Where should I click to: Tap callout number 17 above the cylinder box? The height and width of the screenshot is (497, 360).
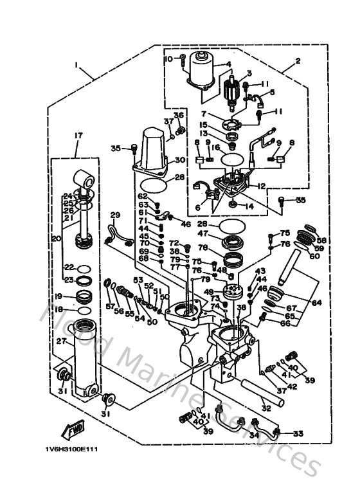(x=78, y=136)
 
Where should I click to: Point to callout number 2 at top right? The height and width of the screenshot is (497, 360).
(x=298, y=62)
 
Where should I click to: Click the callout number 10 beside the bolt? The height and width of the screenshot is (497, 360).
(x=169, y=59)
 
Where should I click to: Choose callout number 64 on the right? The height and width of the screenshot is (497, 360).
(x=317, y=302)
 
